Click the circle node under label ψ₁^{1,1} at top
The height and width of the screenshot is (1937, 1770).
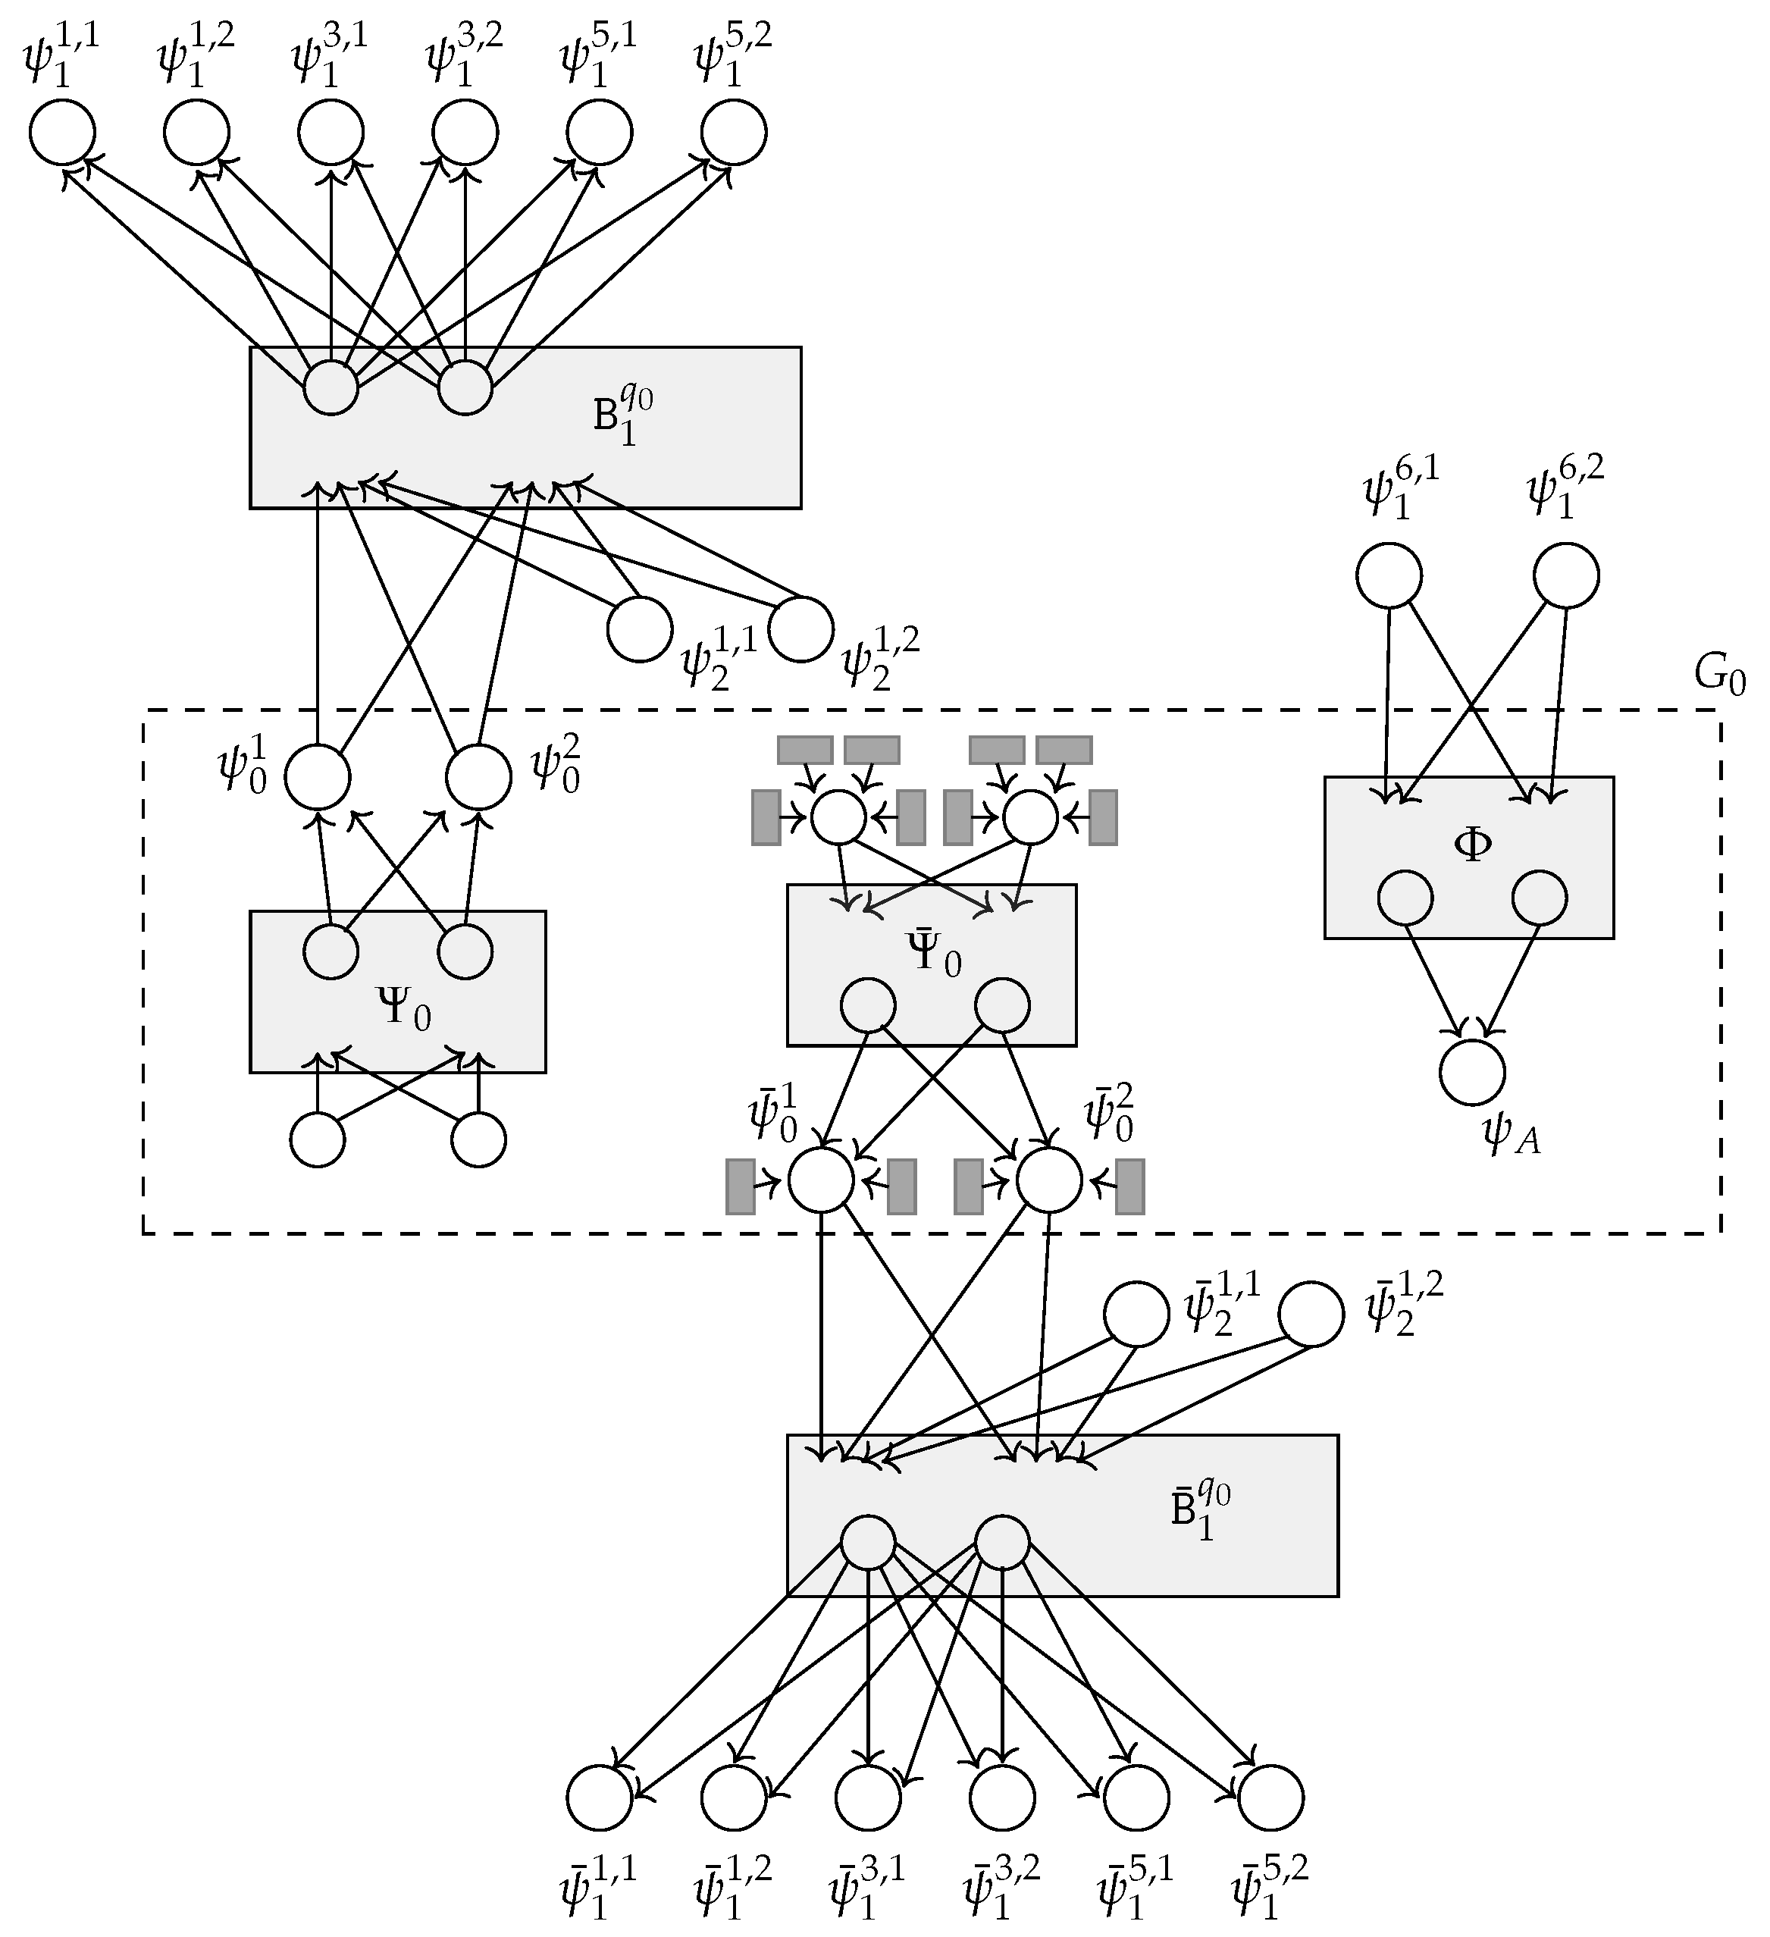coord(62,133)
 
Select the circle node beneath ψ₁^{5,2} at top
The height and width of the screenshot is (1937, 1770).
coord(733,133)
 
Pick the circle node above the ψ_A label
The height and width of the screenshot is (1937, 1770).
coord(1472,1072)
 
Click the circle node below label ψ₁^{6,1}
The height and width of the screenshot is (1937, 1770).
coord(1389,575)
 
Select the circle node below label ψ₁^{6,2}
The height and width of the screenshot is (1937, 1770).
coord(1566,575)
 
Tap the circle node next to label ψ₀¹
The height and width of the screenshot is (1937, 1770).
coord(317,776)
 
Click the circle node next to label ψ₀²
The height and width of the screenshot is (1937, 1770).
coord(478,776)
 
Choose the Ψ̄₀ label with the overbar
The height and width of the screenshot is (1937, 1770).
coord(932,954)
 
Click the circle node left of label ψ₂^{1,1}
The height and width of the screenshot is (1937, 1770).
coord(640,629)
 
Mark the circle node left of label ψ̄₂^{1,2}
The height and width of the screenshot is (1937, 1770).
coord(1311,1315)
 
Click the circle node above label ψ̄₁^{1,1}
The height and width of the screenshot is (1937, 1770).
coord(600,1798)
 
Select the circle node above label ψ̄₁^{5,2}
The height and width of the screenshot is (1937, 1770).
coord(1270,1798)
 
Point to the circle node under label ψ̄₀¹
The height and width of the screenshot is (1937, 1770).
coord(821,1180)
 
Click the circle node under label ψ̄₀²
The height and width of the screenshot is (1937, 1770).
coord(1049,1180)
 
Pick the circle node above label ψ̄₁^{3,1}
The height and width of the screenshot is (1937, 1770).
coord(868,1798)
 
